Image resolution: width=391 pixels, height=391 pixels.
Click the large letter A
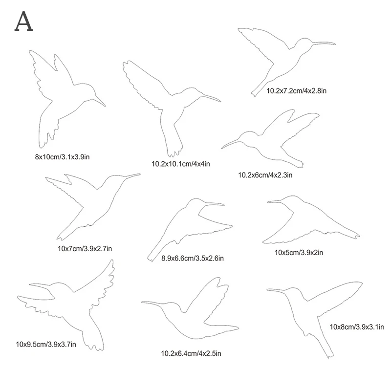(24, 21)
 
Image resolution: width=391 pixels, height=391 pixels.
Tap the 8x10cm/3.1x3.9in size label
(61, 157)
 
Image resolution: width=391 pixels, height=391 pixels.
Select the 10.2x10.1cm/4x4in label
(181, 164)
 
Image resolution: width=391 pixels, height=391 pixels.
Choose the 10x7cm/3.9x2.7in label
(85, 249)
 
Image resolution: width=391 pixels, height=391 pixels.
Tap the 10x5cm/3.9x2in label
(299, 252)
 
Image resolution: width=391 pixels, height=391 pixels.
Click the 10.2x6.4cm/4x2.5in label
(189, 352)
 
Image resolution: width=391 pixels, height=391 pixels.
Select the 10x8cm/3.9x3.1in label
(357, 326)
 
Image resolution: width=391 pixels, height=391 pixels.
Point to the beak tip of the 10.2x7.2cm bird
(335, 43)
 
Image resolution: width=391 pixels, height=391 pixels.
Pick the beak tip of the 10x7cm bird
(140, 174)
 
